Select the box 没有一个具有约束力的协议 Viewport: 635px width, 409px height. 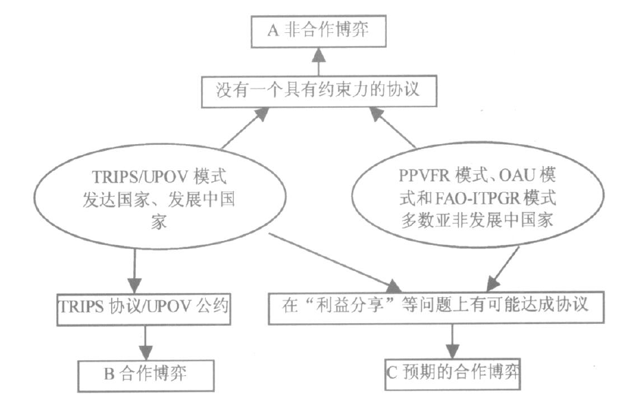click(x=317, y=89)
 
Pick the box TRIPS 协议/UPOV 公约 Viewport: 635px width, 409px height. click(x=141, y=305)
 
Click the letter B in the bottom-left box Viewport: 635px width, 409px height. click(x=108, y=375)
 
